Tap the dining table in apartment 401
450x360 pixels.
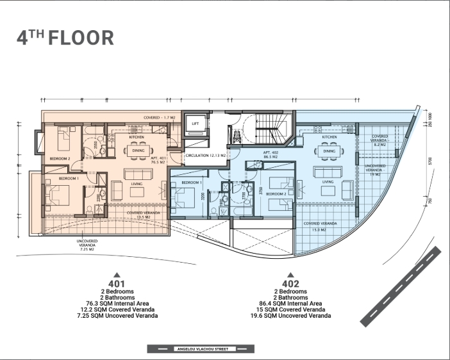coord(138,151)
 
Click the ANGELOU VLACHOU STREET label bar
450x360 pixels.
coord(200,349)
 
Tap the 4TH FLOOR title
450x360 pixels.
coord(65,37)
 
